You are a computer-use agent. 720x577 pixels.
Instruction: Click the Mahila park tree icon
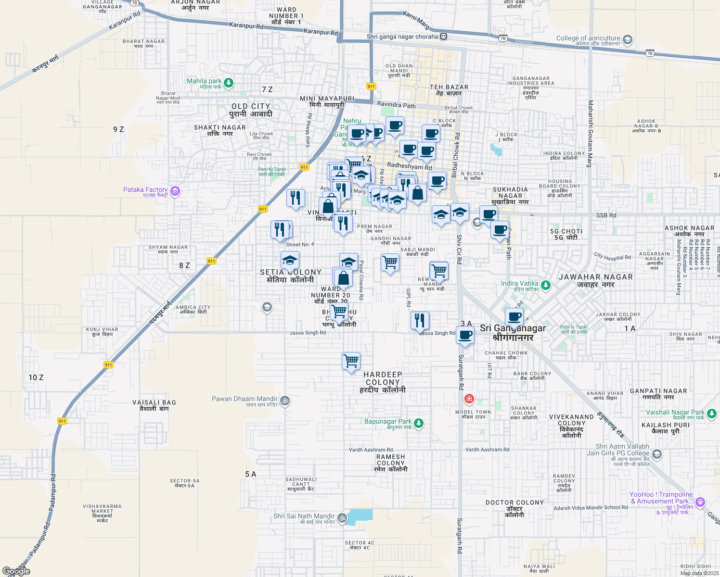[x=229, y=83]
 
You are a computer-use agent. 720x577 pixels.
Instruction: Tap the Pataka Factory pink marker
[x=175, y=191]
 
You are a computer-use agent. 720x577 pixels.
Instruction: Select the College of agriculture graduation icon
[x=627, y=40]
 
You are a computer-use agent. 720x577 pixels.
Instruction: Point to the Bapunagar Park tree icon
[x=419, y=423]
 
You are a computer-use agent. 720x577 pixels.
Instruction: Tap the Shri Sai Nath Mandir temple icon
[x=342, y=518]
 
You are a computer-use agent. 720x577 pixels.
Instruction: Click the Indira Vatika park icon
[x=545, y=285]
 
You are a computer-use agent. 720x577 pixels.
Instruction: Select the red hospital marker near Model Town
[x=469, y=399]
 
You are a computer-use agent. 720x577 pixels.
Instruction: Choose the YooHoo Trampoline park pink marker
[x=700, y=502]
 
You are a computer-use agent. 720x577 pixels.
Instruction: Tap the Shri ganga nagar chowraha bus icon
[x=444, y=37]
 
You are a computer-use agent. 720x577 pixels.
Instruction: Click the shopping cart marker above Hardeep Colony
[x=351, y=361]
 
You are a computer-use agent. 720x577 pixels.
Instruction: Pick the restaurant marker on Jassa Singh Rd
[x=420, y=320]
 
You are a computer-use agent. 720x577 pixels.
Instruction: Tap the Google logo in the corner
[x=16, y=571]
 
